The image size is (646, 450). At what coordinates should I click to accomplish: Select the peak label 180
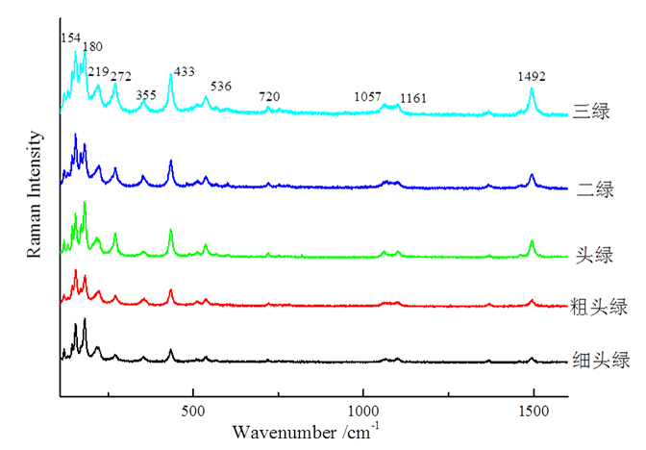(92, 46)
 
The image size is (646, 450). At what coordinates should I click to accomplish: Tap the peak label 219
(99, 71)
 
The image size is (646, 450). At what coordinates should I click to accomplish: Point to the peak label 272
(122, 75)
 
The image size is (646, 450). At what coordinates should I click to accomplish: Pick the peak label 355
(146, 94)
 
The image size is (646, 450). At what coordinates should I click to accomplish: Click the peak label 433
(184, 72)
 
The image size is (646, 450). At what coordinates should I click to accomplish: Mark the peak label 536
(220, 87)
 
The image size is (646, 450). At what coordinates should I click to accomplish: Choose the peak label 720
(270, 96)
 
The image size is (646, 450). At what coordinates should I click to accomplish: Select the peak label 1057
(366, 97)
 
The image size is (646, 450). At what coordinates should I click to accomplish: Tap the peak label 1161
(413, 98)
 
